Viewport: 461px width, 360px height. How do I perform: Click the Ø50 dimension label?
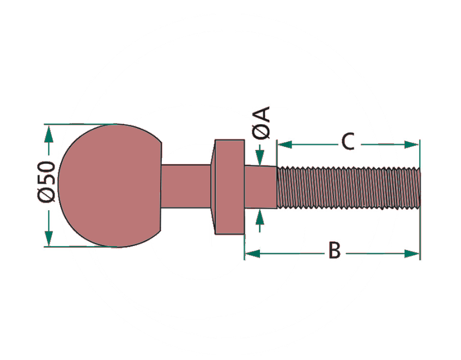(x=47, y=182)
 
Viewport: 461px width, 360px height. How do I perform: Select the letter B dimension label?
(x=334, y=252)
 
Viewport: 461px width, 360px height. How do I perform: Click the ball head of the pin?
(x=109, y=185)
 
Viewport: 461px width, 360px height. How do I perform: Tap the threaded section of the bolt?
(x=349, y=187)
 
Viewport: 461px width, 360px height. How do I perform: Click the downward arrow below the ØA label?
(x=260, y=158)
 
